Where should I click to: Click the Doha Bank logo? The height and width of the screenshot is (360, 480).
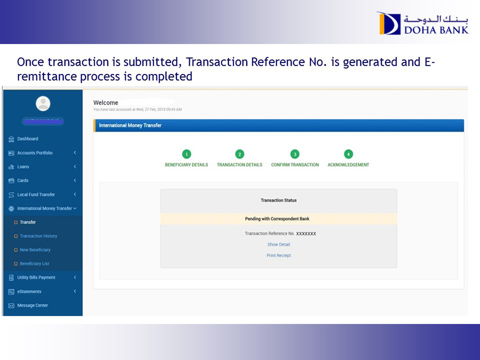click(x=422, y=23)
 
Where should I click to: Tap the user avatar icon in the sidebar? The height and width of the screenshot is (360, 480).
click(x=43, y=103)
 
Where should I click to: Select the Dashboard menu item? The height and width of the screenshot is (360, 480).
click(x=27, y=139)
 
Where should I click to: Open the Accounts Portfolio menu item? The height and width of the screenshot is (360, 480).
click(x=35, y=153)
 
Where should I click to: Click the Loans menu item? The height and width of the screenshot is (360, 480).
click(x=23, y=167)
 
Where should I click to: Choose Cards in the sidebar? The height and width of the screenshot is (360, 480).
click(x=23, y=180)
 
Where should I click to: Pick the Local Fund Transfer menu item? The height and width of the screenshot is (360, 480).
click(x=36, y=195)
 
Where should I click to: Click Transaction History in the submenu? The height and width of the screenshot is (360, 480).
click(x=38, y=236)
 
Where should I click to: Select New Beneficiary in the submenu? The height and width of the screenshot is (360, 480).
click(x=35, y=250)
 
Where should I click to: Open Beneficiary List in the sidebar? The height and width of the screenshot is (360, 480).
click(x=34, y=264)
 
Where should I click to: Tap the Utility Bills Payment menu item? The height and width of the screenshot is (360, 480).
click(x=36, y=277)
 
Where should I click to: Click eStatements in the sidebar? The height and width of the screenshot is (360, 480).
click(x=29, y=291)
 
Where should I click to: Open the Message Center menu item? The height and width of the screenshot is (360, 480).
click(x=32, y=305)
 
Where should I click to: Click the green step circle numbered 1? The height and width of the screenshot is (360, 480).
click(x=187, y=154)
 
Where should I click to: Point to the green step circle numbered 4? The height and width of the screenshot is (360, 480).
click(x=348, y=154)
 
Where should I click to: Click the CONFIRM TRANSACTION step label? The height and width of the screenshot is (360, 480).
click(x=295, y=165)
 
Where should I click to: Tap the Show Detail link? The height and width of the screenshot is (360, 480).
click(x=278, y=244)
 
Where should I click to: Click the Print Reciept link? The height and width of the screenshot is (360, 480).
click(x=278, y=255)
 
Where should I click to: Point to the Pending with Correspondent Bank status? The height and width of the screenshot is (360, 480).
click(x=277, y=219)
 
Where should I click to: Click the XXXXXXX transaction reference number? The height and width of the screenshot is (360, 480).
click(x=306, y=233)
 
